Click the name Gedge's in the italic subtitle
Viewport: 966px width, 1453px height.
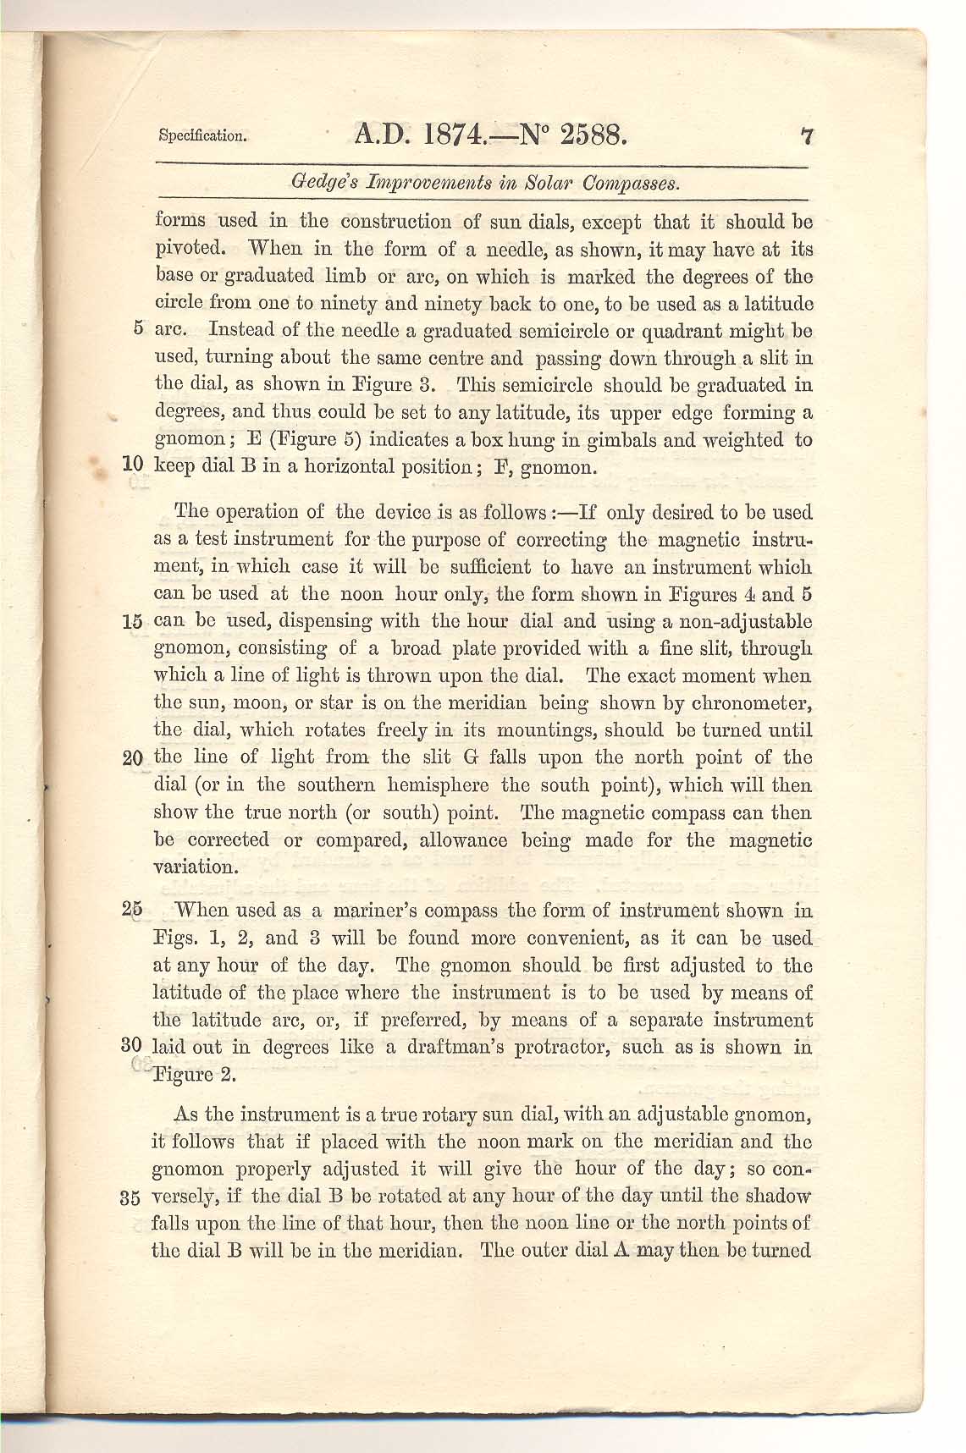(x=317, y=183)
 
